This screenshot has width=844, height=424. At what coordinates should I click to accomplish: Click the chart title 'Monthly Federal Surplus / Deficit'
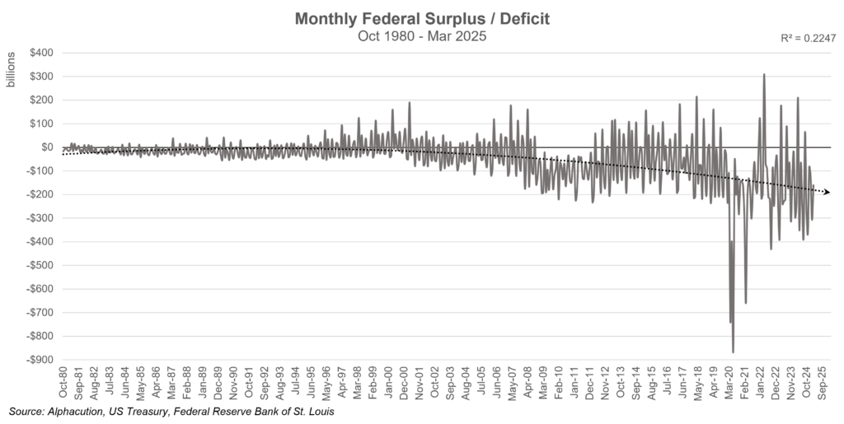(421, 19)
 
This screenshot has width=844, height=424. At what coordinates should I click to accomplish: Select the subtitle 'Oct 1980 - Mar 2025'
(421, 36)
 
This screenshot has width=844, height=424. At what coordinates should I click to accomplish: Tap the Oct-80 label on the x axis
(63, 385)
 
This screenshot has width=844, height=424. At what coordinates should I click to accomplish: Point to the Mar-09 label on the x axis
(543, 385)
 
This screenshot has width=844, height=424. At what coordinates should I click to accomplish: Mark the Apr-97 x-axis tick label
(342, 385)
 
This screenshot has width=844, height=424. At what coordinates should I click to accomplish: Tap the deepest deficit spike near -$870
(733, 352)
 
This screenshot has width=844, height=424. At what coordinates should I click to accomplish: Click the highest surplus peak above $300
(764, 75)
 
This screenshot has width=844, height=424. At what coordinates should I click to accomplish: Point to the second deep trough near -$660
(745, 302)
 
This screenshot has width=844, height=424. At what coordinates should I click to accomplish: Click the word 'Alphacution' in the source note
(77, 411)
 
